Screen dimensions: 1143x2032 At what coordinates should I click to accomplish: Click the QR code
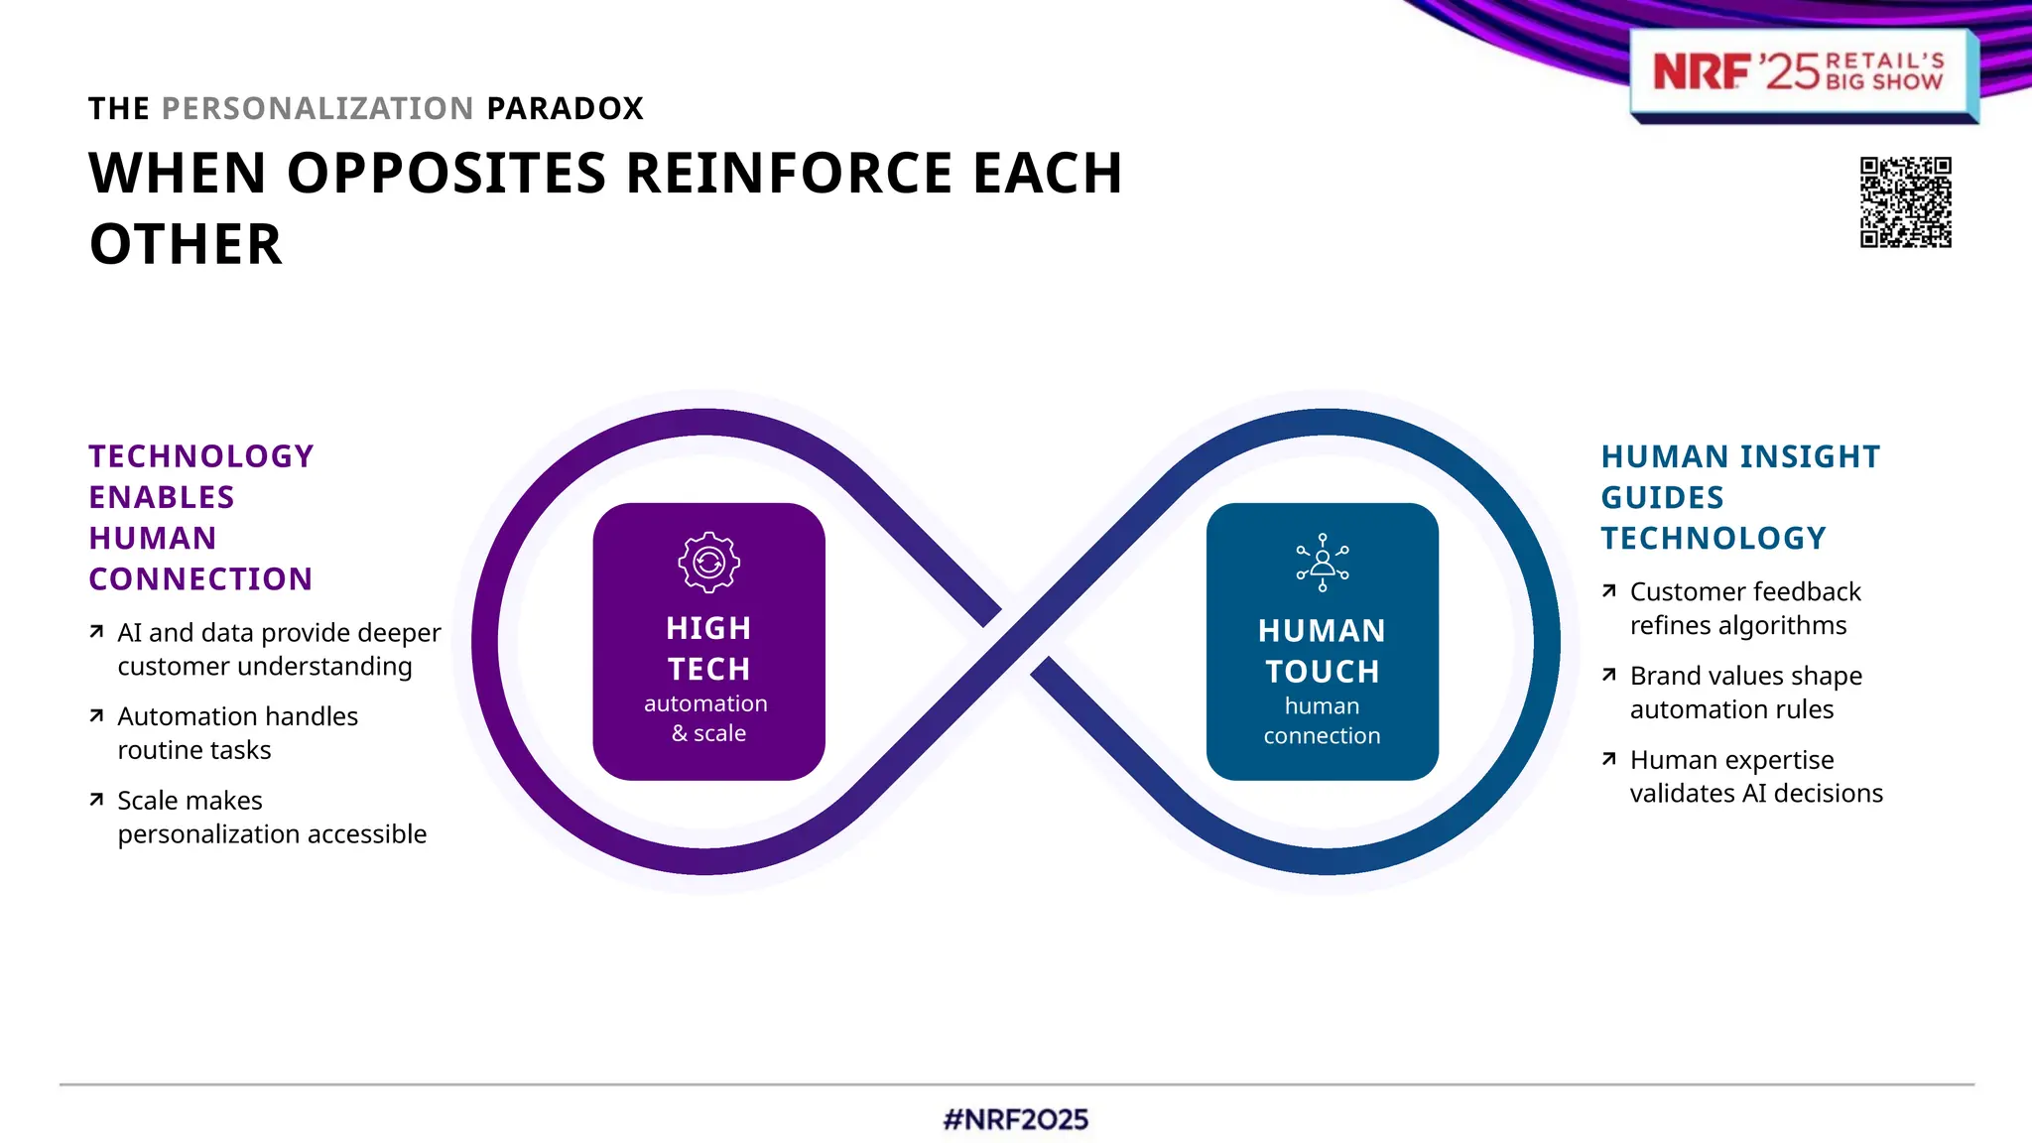click(1905, 201)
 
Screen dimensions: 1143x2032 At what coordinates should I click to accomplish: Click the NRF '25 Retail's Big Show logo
click(1798, 72)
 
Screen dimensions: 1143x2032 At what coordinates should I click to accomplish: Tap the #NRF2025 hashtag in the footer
click(1015, 1119)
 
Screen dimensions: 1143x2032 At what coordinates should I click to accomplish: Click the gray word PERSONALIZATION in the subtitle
click(317, 108)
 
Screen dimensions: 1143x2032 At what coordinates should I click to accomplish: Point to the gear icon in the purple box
click(708, 563)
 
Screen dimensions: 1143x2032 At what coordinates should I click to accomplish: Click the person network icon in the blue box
click(1322, 563)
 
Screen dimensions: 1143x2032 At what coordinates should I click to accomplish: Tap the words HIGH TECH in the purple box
click(708, 648)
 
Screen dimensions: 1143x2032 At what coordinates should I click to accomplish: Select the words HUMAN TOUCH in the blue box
click(1322, 651)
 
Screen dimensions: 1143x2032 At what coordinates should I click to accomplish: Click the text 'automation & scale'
click(706, 718)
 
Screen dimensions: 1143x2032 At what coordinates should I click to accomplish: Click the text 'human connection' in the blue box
click(1322, 721)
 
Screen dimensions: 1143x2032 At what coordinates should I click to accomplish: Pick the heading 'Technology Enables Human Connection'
click(200, 517)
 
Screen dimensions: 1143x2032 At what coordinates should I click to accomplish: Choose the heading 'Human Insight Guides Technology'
click(1739, 497)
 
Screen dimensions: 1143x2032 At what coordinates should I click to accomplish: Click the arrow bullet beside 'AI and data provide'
click(96, 632)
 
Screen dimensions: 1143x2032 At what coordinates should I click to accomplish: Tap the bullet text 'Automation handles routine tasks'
click(237, 733)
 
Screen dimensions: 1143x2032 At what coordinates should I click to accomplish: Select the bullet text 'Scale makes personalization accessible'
click(271, 817)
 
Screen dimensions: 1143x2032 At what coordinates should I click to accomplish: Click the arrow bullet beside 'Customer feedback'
click(1609, 591)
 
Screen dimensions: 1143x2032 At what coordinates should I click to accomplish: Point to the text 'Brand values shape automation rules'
click(1745, 693)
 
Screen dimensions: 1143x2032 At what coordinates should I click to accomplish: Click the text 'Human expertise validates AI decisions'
click(1755, 776)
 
